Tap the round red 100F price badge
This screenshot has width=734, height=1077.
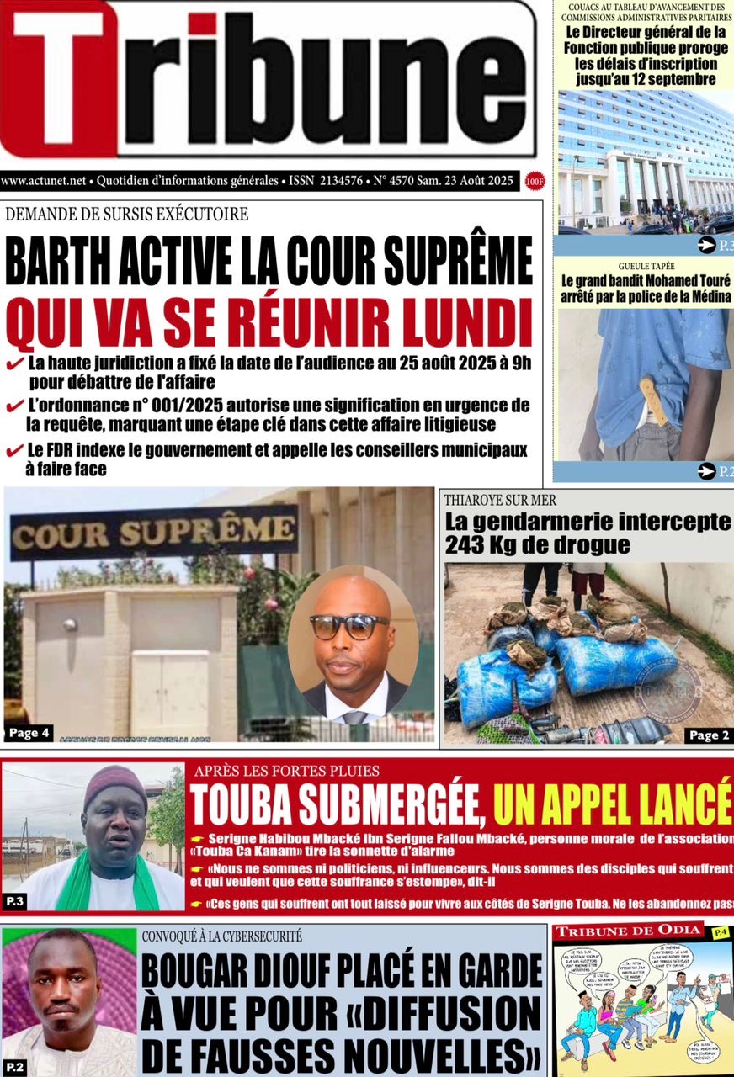532,181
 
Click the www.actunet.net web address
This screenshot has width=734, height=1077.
44,180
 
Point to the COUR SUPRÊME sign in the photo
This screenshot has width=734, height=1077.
154,531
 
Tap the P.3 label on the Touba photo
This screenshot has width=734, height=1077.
14,901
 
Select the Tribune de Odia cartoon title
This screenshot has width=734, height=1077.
627,930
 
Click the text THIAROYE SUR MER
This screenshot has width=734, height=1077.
500,500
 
